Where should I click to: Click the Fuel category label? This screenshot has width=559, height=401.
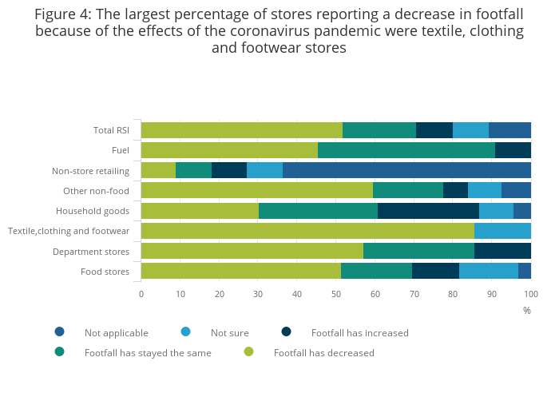[121, 150]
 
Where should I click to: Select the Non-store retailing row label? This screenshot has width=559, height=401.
[90, 170]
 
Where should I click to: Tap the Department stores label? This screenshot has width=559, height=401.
[91, 251]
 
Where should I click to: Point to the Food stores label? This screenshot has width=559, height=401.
[105, 271]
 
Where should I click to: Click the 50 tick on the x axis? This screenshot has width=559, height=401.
[336, 294]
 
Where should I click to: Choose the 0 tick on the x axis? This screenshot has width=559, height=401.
[141, 294]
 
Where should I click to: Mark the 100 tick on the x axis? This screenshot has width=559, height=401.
[530, 294]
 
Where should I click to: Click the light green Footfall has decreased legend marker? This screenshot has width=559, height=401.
[248, 351]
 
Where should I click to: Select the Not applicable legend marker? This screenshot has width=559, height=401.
[59, 332]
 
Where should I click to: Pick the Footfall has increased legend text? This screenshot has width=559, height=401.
[359, 332]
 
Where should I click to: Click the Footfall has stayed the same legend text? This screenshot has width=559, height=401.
[148, 352]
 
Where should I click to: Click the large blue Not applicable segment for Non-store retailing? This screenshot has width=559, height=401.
[406, 170]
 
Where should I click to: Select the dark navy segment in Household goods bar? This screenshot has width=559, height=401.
[428, 211]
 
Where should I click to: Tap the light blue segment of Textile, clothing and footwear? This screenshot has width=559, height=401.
[502, 231]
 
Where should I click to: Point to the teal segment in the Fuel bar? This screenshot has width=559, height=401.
[406, 150]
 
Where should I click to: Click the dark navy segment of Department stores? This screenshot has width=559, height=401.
[502, 251]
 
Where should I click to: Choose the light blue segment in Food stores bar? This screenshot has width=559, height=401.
[489, 271]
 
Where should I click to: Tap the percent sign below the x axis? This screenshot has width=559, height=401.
[526, 310]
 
